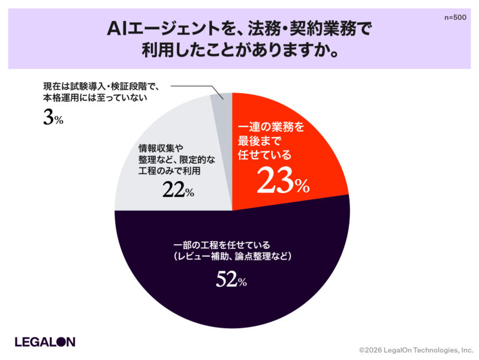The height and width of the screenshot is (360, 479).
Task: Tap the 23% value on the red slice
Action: click(283, 181)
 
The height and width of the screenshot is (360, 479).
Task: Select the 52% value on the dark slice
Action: click(231, 280)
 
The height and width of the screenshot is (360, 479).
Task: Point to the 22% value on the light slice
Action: click(177, 190)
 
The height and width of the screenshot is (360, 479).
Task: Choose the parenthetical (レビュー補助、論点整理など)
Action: click(231, 257)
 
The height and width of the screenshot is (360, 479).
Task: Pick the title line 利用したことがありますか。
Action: click(240, 50)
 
